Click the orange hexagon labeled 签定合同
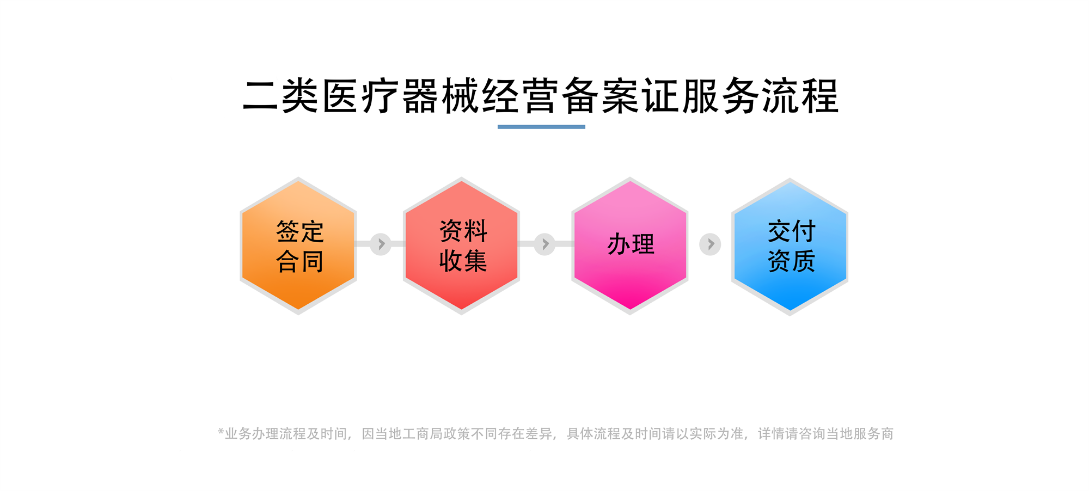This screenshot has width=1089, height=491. click(x=298, y=245)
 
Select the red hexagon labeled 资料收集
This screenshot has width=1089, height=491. click(x=462, y=245)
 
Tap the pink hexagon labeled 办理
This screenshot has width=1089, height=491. click(x=630, y=245)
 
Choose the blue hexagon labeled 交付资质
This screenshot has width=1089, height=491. click(x=790, y=247)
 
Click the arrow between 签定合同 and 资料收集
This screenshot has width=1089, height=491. click(x=381, y=244)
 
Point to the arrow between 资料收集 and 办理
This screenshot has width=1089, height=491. click(x=544, y=244)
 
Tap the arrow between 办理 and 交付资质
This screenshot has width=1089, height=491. click(x=710, y=244)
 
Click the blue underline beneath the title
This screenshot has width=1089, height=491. click(x=541, y=127)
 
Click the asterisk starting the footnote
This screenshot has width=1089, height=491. click(x=221, y=432)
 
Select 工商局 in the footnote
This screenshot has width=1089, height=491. click(x=423, y=434)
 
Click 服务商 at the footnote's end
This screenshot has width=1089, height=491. click(x=873, y=434)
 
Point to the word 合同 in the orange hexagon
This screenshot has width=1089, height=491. click(x=300, y=261)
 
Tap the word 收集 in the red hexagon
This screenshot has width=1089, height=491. click(x=463, y=261)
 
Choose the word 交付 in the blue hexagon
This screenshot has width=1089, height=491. click(x=792, y=231)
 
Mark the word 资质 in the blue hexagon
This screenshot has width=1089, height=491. click(x=792, y=261)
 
